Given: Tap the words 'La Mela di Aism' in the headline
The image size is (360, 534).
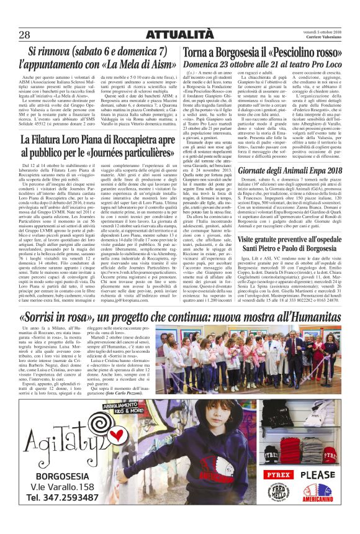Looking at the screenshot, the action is point(127,63).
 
